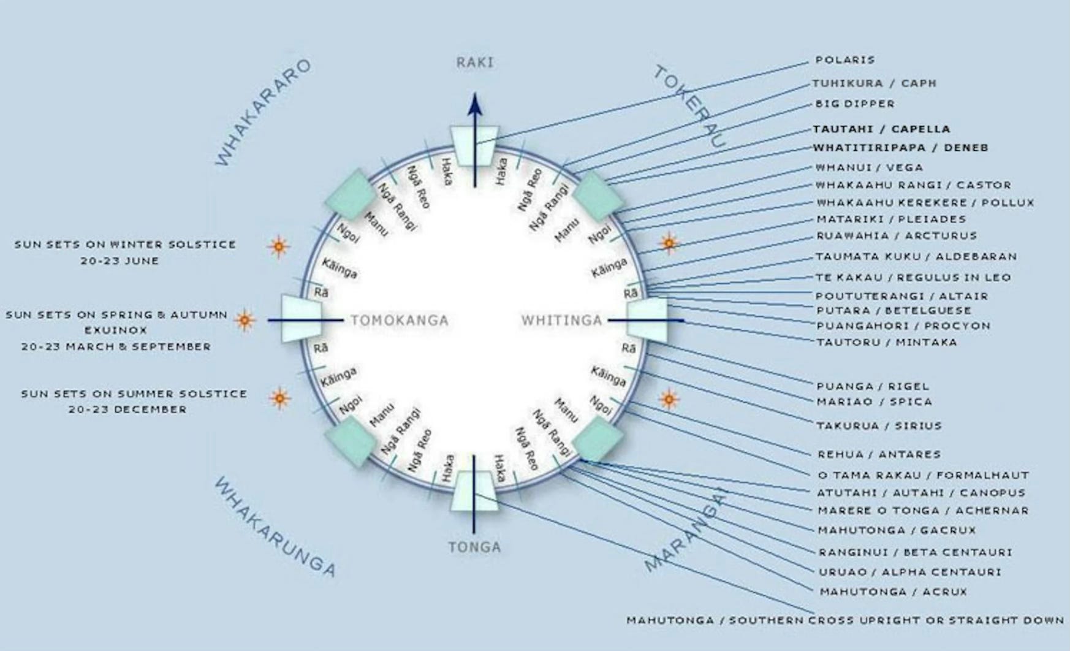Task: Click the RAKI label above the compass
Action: point(474,63)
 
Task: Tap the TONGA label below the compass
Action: point(474,547)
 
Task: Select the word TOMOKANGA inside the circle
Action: point(400,321)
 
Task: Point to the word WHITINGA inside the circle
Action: point(561,321)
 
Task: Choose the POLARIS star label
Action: point(844,60)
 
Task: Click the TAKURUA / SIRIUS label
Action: point(879,425)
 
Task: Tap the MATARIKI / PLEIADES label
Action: point(890,219)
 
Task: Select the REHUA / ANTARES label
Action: point(879,454)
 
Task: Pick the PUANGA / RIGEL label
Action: point(873,386)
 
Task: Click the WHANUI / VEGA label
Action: point(868,167)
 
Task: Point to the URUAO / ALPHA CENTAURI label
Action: point(909,572)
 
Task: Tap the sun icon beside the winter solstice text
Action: point(279,246)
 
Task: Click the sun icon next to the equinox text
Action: point(245,320)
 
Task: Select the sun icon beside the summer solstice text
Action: point(280,398)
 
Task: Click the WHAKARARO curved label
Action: point(264,112)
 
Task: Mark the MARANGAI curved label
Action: point(685,531)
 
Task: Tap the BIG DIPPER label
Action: point(854,104)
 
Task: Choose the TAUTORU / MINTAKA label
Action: point(886,342)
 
